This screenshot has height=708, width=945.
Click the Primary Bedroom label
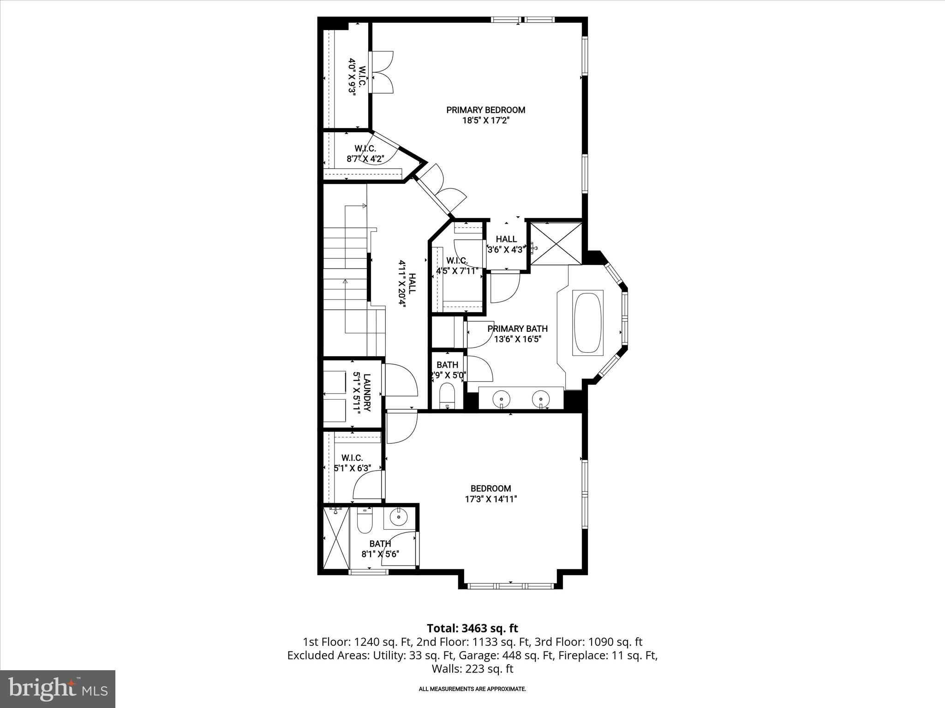coord(485,110)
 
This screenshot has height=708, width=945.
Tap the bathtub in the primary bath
coord(588,323)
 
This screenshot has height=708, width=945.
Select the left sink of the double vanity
coord(501,398)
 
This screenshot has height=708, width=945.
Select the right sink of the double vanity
coord(541,398)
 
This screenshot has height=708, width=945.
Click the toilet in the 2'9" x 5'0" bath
coord(447,395)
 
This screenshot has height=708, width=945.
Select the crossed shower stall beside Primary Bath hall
coord(556,243)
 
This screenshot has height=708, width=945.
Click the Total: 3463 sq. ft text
coord(472,628)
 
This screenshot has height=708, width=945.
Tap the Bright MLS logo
coord(58,689)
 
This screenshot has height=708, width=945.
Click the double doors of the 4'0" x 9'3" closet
coord(382,72)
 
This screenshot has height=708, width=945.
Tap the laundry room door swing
coord(401,379)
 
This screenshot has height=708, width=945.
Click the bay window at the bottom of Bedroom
coord(510,586)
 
